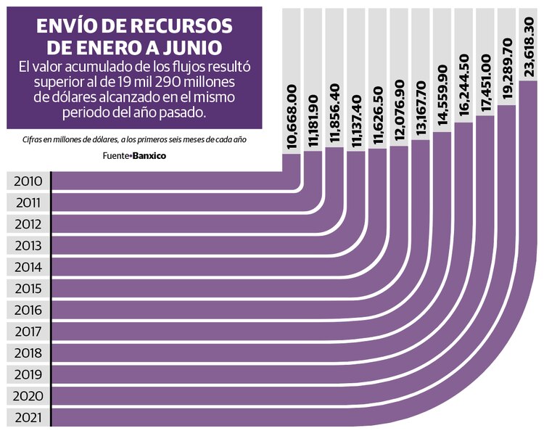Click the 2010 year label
coord(28,181)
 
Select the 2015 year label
coord(28,289)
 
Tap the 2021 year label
coord(28,418)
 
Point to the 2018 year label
coord(28,353)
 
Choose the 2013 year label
coord(28,246)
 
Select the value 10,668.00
coord(292,118)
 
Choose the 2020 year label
coord(28,396)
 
